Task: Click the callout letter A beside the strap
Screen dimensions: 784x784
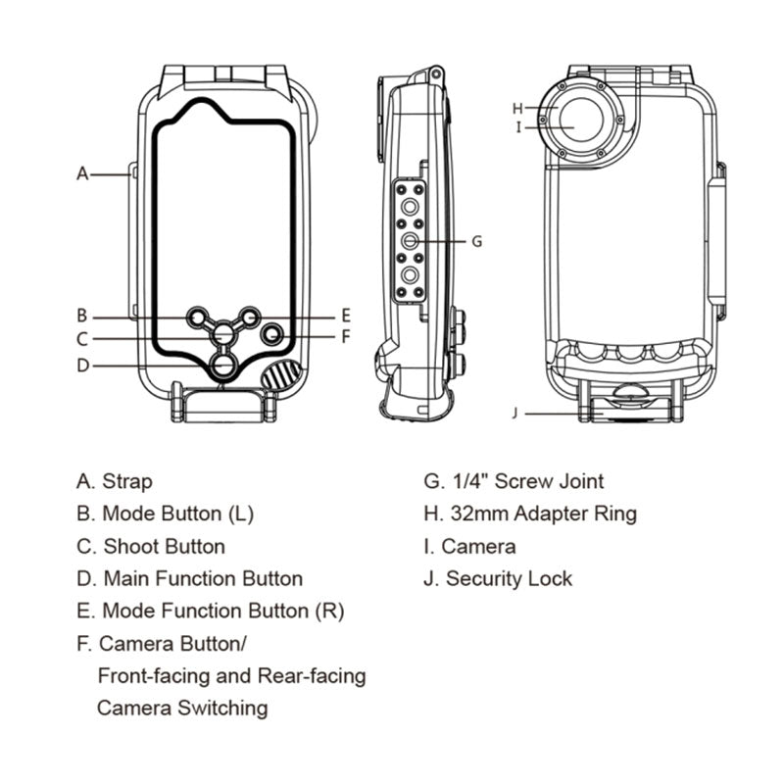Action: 83,173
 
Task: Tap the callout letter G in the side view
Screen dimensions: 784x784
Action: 477,240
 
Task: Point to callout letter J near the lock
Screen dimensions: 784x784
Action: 514,413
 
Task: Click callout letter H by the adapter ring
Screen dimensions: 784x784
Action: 517,108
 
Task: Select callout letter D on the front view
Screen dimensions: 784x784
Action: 83,366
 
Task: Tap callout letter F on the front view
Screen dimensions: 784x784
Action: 345,336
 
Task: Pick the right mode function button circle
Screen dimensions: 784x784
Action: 249,317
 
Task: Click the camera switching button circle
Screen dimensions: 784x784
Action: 273,334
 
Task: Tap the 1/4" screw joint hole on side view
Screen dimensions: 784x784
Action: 411,240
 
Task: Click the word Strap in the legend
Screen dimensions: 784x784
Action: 127,481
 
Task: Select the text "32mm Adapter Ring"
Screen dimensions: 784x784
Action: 543,513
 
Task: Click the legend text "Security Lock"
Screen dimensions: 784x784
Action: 509,578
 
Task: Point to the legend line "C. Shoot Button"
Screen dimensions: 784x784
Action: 151,546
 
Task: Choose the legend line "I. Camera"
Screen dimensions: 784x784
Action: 469,546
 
